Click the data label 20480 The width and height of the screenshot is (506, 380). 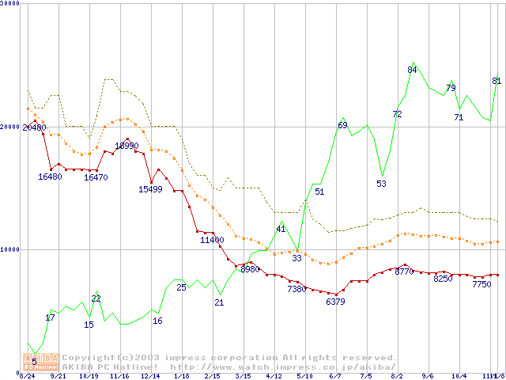pyautogui.click(x=34, y=127)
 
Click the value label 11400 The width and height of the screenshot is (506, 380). pyautogui.click(x=212, y=240)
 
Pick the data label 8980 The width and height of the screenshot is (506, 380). pyautogui.click(x=249, y=269)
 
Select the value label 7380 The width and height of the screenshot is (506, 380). pyautogui.click(x=296, y=289)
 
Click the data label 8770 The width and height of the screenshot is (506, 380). pyautogui.click(x=404, y=272)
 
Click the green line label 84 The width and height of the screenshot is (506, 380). pyautogui.click(x=412, y=70)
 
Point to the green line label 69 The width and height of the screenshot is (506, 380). pyautogui.click(x=342, y=125)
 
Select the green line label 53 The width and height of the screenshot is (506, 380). pyautogui.click(x=381, y=184)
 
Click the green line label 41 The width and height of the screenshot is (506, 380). pyautogui.click(x=281, y=229)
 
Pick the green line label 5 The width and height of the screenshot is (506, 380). pyautogui.click(x=34, y=362)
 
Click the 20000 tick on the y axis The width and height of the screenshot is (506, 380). pyautogui.click(x=10, y=127)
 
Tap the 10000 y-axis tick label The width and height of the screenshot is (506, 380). pyautogui.click(x=10, y=249)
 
